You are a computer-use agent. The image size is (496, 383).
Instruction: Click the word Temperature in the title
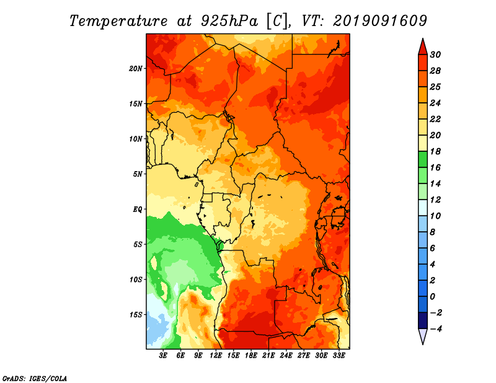tap(118, 21)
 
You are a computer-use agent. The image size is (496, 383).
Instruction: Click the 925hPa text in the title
tap(229, 21)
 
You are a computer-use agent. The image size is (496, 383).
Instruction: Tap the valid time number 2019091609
tap(380, 21)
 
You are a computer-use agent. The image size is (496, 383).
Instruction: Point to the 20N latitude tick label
tap(135, 69)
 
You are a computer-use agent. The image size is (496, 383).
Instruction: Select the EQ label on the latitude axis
tap(137, 209)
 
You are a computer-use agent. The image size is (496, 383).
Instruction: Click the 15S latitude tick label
tap(136, 315)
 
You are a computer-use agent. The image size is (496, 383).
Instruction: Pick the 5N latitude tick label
tap(137, 174)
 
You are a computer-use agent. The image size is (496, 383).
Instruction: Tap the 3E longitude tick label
tap(163, 356)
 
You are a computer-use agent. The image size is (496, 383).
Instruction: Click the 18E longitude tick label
tap(251, 356)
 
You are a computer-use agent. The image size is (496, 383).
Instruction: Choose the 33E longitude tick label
tap(339, 356)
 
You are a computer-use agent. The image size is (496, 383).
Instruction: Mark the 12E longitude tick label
tap(216, 356)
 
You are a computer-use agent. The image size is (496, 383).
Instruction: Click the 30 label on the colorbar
tap(435, 55)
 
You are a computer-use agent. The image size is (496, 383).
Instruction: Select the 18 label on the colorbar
tap(435, 151)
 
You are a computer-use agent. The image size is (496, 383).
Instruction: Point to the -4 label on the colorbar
tap(436, 329)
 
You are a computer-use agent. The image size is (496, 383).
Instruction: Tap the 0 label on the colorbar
tap(433, 297)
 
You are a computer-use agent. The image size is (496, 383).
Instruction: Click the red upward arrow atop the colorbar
tap(423, 47)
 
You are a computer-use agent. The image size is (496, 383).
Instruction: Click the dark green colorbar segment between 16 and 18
tap(423, 159)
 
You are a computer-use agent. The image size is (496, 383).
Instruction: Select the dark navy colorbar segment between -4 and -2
tap(423, 320)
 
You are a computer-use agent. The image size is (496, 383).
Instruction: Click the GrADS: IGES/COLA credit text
tap(35, 378)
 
